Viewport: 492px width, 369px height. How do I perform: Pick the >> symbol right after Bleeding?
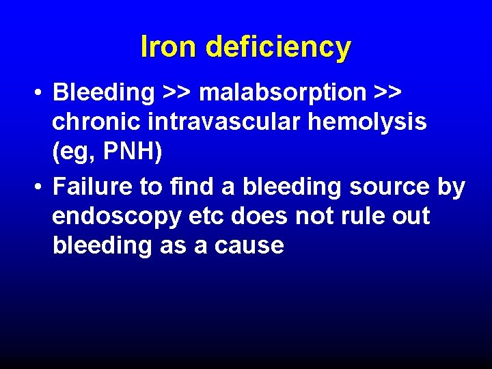click(x=177, y=92)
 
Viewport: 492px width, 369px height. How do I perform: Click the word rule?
click(x=359, y=217)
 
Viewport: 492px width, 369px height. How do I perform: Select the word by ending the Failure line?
click(x=450, y=187)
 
